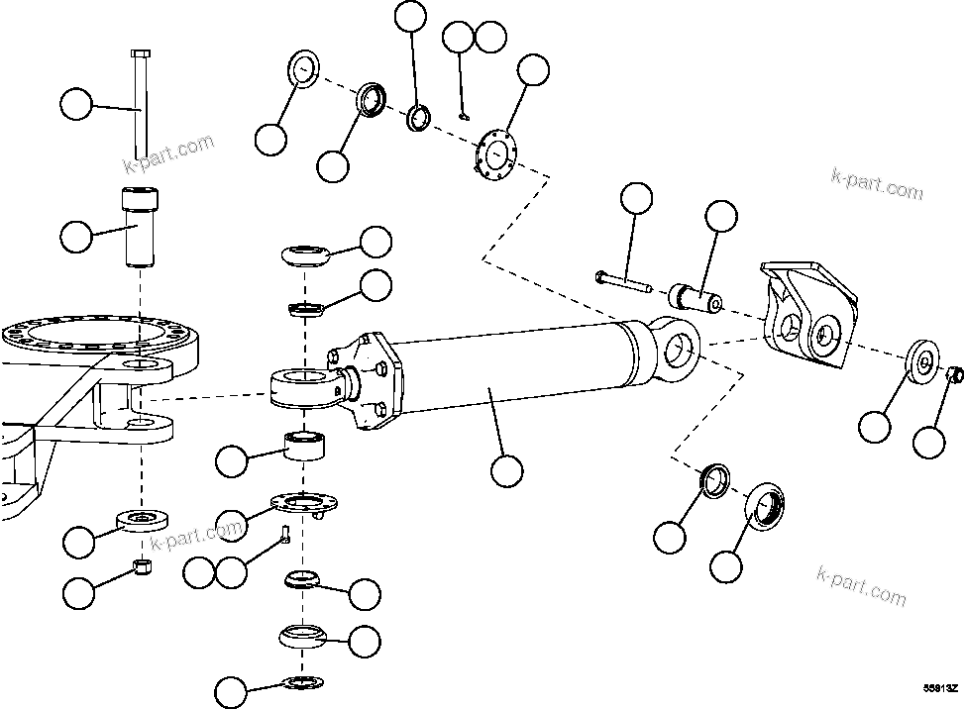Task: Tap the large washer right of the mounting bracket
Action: coord(921,361)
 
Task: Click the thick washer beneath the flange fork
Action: coord(143,518)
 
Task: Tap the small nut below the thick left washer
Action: coord(142,565)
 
